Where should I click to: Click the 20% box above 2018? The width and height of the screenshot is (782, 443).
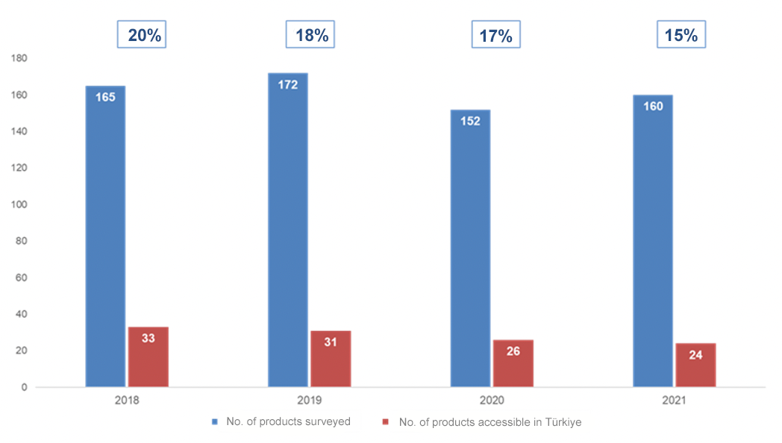click(x=141, y=35)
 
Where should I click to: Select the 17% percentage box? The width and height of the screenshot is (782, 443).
click(x=495, y=35)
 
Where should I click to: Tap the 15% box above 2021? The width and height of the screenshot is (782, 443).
click(x=681, y=35)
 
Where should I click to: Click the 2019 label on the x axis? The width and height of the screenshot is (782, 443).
click(x=309, y=400)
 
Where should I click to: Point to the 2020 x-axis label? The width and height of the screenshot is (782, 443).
click(x=492, y=400)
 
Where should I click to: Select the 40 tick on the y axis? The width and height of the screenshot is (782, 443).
click(x=22, y=314)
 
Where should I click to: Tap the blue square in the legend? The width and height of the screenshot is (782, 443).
click(x=215, y=422)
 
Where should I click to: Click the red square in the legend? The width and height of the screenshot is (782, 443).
click(x=386, y=422)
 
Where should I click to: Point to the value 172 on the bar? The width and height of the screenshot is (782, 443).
click(x=287, y=85)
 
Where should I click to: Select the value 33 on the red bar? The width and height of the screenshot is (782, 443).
click(x=148, y=338)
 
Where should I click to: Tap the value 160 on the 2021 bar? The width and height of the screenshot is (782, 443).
click(x=652, y=107)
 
